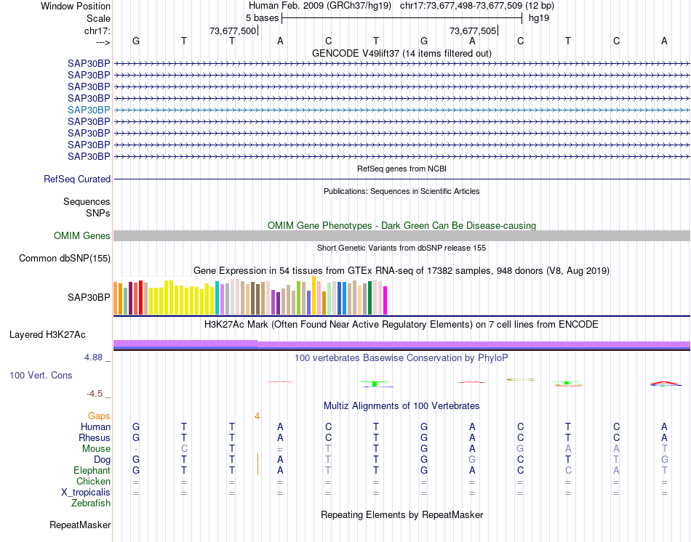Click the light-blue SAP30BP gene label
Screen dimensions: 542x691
89,110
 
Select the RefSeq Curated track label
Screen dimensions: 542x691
77,179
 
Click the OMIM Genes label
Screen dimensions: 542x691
82,236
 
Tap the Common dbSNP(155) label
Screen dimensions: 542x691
65,258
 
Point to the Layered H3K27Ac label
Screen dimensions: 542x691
47,335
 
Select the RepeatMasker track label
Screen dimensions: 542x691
80,525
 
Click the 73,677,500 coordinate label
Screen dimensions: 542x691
233,31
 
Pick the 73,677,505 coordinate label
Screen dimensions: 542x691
474,31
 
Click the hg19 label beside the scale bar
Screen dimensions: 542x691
539,18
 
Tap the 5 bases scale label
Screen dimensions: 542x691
262,18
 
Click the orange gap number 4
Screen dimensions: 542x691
257,416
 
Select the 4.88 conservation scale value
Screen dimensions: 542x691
95,358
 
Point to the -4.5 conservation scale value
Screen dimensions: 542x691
95,394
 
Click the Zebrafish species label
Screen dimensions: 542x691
91,503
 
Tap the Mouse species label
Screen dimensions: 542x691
96,449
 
